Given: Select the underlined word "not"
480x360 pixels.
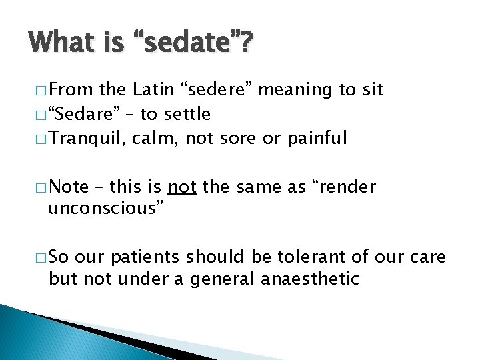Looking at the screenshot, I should (x=182, y=187).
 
